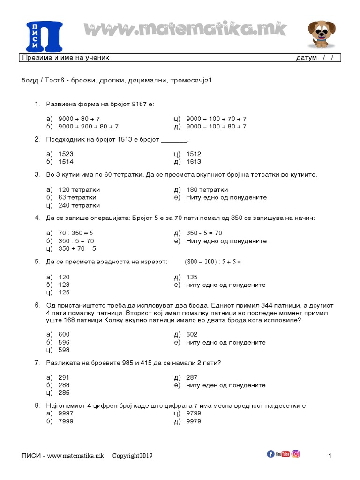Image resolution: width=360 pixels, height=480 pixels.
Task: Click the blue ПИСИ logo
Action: click(x=45, y=37)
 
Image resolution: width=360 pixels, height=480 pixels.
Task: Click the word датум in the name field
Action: click(x=307, y=58)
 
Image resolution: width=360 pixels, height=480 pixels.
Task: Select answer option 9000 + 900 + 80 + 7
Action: click(x=88, y=127)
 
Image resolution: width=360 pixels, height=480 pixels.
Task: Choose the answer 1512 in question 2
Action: click(x=194, y=154)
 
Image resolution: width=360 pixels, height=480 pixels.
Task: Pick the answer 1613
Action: click(x=194, y=162)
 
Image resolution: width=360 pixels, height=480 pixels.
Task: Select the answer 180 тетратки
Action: click(x=207, y=190)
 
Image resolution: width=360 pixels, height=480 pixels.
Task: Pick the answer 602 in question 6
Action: click(x=192, y=334)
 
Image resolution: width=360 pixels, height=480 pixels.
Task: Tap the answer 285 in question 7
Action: click(x=64, y=393)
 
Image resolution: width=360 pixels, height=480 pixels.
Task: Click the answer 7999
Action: click(x=66, y=421)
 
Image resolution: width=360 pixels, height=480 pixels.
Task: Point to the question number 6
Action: click(x=37, y=305)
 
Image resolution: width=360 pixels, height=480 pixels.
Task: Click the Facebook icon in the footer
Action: click(x=270, y=454)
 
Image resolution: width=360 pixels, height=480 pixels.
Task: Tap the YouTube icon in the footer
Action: click(x=283, y=454)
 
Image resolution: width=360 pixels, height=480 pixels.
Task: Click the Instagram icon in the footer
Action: click(x=296, y=454)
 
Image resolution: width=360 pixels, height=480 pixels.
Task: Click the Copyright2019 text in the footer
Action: click(x=132, y=456)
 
